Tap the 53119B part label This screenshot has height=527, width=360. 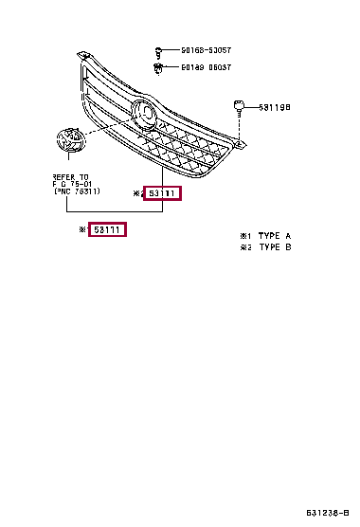[x=274, y=107]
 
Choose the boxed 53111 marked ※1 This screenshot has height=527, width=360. [x=107, y=230]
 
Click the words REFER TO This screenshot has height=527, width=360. [x=69, y=176]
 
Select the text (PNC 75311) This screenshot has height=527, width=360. [x=77, y=191]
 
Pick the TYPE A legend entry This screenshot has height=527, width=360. [x=266, y=235]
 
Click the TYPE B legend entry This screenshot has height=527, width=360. [x=266, y=246]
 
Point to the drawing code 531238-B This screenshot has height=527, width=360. [x=328, y=513]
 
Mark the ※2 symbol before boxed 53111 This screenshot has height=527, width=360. [x=136, y=194]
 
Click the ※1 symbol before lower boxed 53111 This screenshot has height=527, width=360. [x=83, y=230]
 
